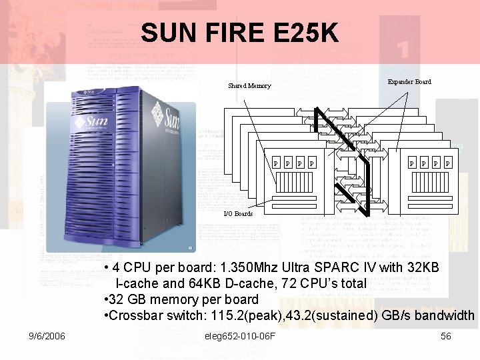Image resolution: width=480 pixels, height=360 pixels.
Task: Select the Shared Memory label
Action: [x=249, y=86]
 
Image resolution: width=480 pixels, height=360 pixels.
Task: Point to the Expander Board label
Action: [x=409, y=82]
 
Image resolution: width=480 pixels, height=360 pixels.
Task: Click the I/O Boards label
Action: [x=238, y=215]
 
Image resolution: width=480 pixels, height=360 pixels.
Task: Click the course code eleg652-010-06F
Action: [x=242, y=336]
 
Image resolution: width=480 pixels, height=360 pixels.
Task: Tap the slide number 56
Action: [x=445, y=336]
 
